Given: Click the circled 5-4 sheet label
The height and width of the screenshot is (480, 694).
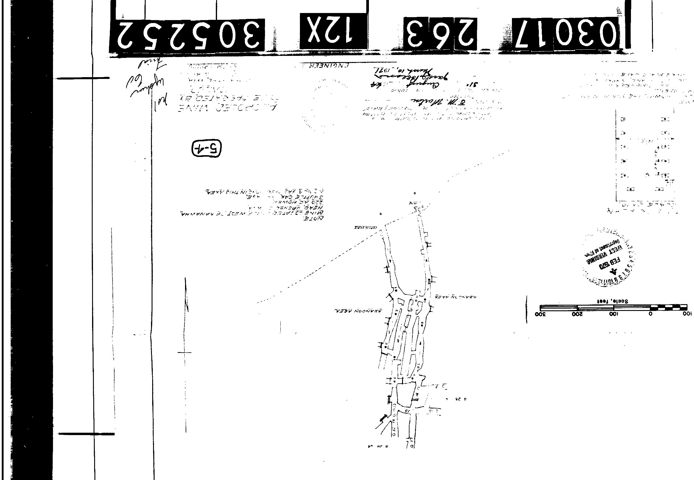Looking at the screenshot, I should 206,149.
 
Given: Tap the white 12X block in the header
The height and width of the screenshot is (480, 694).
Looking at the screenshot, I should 333,31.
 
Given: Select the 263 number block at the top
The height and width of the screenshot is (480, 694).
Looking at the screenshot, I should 440,34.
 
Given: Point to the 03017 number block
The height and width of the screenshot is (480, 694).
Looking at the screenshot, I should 566,33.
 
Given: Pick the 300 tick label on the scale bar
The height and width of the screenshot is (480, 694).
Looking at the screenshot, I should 540,314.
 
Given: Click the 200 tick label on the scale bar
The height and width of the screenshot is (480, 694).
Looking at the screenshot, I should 577,314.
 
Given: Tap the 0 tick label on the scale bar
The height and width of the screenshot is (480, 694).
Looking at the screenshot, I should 650,314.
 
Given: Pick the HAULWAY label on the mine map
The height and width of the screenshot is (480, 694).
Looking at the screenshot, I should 365,228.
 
